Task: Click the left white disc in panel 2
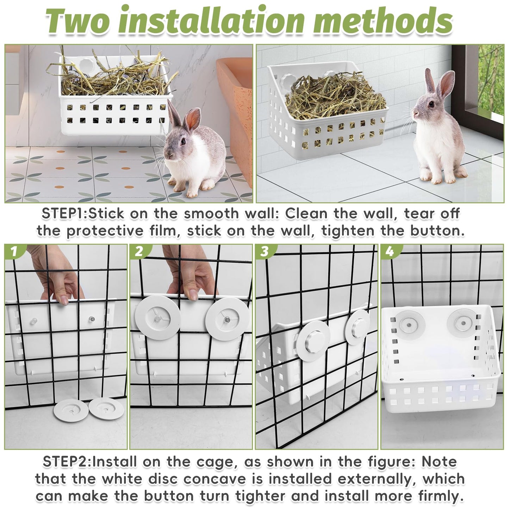click(x=158, y=317)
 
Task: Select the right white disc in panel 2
click(x=228, y=319)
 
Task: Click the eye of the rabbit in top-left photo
click(x=183, y=141)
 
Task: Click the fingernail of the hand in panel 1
click(x=64, y=300)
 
